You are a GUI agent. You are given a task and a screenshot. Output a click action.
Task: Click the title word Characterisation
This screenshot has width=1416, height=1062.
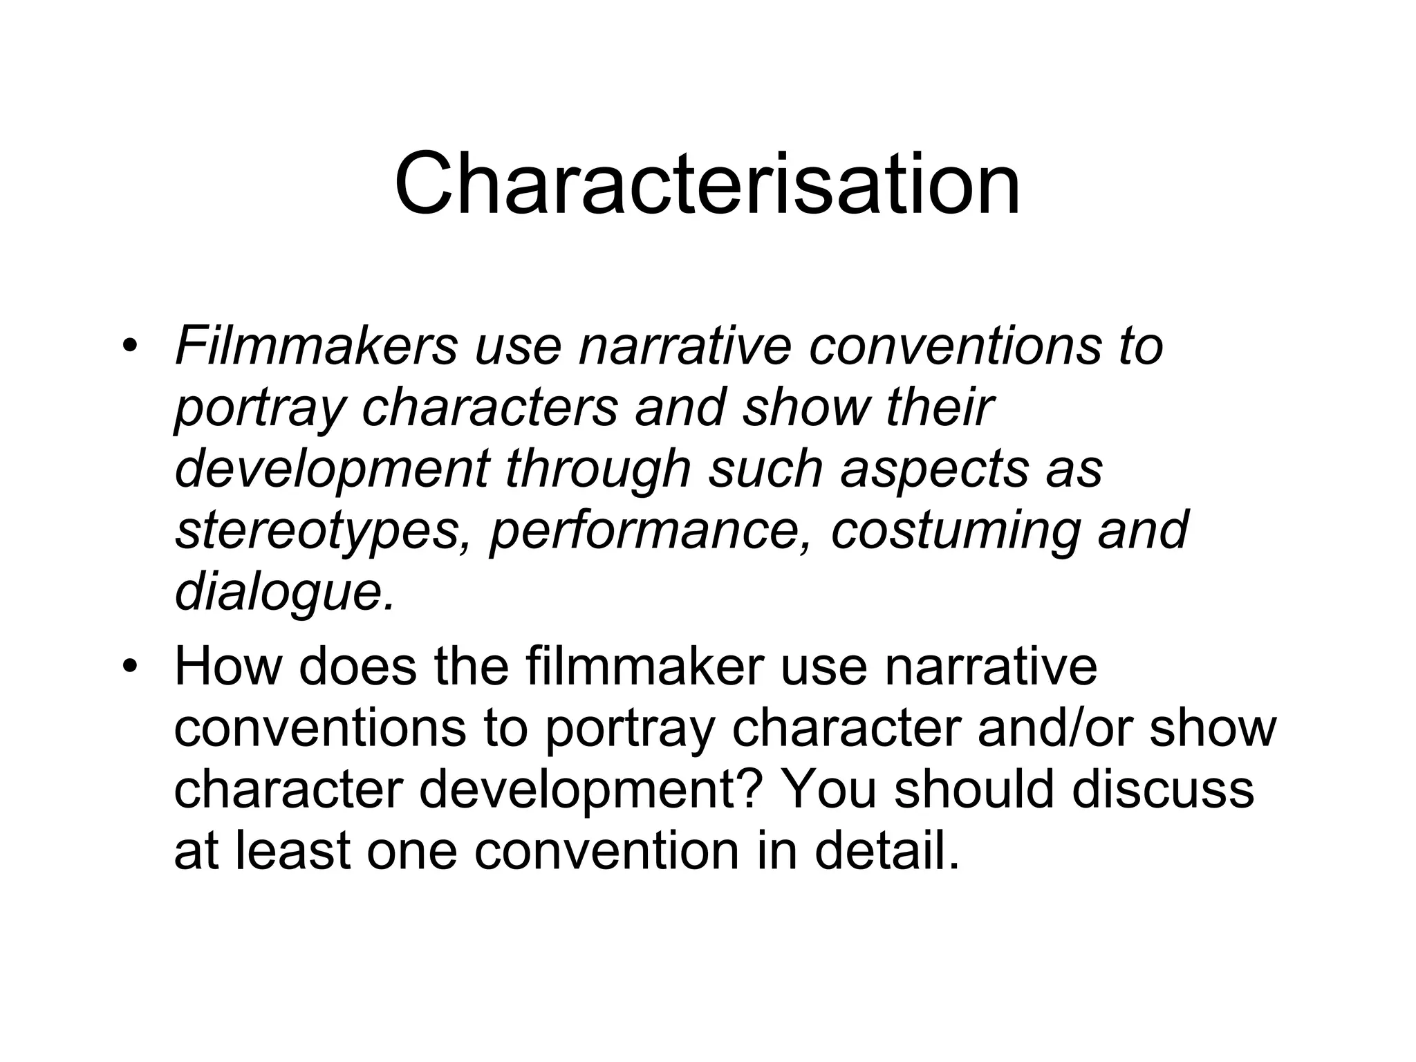707,184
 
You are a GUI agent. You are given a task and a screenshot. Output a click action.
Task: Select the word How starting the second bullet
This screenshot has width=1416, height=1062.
228,667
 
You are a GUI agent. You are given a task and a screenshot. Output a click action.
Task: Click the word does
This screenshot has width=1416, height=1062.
357,667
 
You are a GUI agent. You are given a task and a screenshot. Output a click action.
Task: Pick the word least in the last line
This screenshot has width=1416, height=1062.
293,851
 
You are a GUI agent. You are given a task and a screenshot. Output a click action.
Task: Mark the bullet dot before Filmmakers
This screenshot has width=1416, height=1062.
129,345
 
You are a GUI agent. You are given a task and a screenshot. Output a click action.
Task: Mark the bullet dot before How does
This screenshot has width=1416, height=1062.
129,667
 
